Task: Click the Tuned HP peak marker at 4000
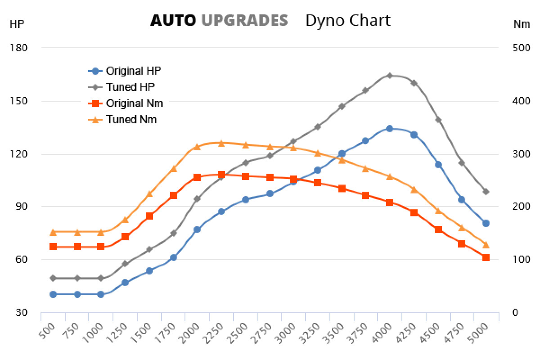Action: click(390, 76)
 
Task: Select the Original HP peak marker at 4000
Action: click(390, 129)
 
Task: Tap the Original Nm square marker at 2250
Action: click(221, 175)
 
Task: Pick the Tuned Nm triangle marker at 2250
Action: click(221, 143)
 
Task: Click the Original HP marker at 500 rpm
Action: click(53, 294)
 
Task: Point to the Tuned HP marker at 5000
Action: click(486, 192)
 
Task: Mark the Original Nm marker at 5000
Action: click(486, 257)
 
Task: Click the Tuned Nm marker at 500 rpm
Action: click(53, 232)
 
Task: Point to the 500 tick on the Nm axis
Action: click(521, 48)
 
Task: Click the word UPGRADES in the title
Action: click(244, 21)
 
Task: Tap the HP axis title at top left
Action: click(17, 24)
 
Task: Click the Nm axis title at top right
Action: click(522, 24)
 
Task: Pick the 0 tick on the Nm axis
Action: click(515, 312)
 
